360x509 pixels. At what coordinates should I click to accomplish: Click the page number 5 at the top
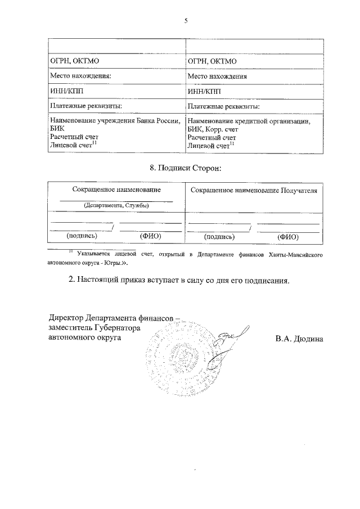coord(185,21)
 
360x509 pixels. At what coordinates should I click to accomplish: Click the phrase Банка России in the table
coord(159,120)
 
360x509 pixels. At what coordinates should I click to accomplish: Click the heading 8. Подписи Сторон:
coord(185,168)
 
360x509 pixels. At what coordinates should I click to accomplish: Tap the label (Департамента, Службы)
coord(116,205)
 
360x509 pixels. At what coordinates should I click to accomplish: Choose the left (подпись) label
coord(82,236)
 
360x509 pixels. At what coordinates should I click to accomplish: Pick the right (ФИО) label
coord(288,237)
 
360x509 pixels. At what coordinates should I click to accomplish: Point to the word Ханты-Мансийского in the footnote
coord(296,255)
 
